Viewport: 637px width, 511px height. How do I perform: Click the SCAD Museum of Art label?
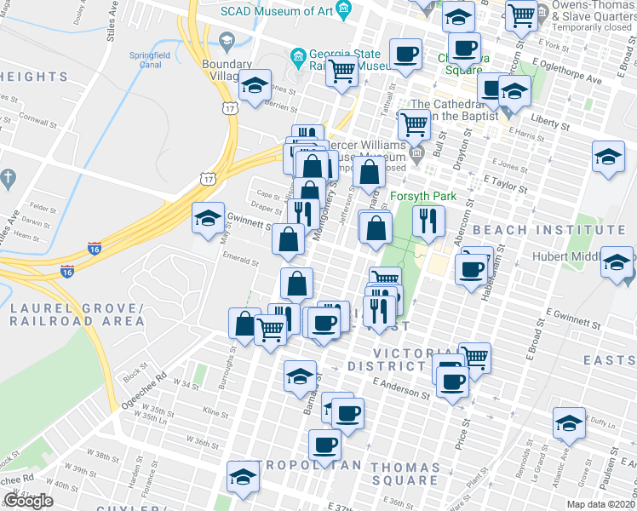276,11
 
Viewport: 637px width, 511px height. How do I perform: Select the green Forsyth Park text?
423,197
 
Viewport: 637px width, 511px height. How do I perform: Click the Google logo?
28,501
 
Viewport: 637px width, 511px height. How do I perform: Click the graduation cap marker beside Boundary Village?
254,86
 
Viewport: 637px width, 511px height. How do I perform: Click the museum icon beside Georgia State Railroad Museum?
298,58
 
